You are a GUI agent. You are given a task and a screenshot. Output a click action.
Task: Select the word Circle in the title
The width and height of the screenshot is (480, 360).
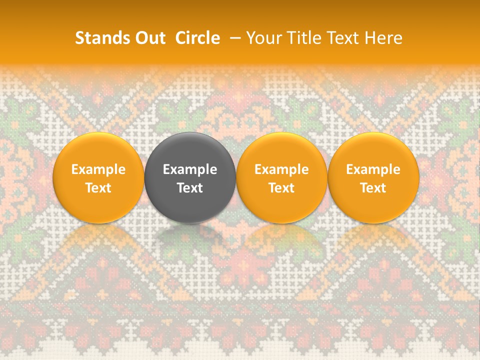click(197, 38)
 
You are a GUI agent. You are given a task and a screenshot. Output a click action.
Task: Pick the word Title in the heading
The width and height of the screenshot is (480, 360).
click(301, 38)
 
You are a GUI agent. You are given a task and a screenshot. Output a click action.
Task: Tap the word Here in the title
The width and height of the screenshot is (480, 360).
click(383, 38)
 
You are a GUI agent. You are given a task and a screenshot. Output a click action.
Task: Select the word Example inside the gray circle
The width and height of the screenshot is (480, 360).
click(190, 169)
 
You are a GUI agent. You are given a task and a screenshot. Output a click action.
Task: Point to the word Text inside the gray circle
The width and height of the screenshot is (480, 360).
click(190, 188)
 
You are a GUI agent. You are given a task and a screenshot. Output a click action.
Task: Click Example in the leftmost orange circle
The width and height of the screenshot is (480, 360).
click(98, 169)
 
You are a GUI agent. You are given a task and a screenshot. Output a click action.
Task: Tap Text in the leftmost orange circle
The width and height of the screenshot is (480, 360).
click(98, 188)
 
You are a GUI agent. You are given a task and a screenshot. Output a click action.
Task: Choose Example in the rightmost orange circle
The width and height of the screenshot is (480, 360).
click(373, 169)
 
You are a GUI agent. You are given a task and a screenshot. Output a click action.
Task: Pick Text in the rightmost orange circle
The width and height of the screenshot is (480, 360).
click(373, 188)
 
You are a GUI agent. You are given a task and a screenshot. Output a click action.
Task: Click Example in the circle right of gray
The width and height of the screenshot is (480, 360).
click(281, 169)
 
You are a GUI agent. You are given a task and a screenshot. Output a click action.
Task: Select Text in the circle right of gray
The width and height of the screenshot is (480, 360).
click(281, 188)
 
